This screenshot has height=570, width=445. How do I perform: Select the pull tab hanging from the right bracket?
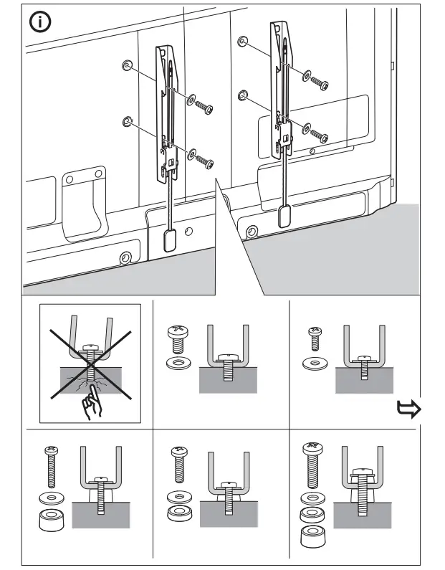(x=284, y=214)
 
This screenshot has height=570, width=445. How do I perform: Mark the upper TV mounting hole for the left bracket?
(x=127, y=66)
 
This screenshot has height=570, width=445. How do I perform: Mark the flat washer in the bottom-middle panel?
(x=177, y=497)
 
